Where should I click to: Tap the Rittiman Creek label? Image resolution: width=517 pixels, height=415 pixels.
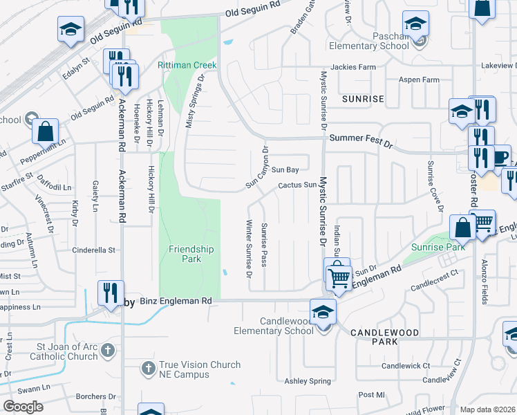point(187,66)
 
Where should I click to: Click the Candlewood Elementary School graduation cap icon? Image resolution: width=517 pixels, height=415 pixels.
point(323,311)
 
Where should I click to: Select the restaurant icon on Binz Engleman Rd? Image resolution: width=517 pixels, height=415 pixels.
point(111,293)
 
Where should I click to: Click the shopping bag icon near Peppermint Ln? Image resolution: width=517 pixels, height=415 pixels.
point(45,131)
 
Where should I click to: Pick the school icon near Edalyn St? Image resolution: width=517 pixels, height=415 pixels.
point(70,30)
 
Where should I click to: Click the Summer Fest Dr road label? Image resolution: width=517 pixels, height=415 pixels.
point(361,139)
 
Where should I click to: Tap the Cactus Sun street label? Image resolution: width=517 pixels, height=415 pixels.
point(297,185)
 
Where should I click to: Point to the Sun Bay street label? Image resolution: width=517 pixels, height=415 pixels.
point(285,169)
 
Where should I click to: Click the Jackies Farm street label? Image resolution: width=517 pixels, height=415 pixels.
point(353,67)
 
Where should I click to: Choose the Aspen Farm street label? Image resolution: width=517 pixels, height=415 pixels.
point(419,80)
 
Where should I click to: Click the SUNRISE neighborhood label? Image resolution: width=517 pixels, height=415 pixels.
point(363,99)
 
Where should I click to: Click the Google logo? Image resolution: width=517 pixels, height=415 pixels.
point(23,406)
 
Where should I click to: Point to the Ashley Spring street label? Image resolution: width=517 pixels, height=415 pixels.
point(308,381)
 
